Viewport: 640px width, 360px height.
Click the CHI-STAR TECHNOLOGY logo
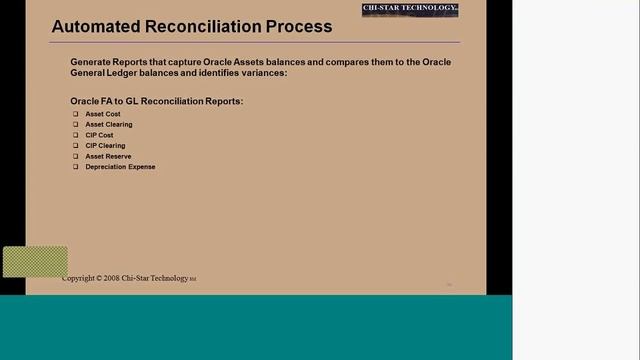409,10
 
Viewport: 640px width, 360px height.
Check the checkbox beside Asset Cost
75,114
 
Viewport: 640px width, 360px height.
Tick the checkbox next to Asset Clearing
75,125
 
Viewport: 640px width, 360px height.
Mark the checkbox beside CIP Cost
75,135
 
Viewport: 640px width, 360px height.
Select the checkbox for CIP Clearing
75,146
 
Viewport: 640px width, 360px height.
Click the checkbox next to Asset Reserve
75,156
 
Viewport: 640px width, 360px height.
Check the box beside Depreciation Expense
75,167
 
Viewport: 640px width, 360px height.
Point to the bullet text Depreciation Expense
120,167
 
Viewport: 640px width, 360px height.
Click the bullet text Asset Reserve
108,156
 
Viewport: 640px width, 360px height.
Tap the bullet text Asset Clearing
109,125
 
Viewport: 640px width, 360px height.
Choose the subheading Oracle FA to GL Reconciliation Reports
157,101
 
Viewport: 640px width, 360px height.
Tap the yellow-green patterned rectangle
35,262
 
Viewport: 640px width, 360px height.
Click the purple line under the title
255,43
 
